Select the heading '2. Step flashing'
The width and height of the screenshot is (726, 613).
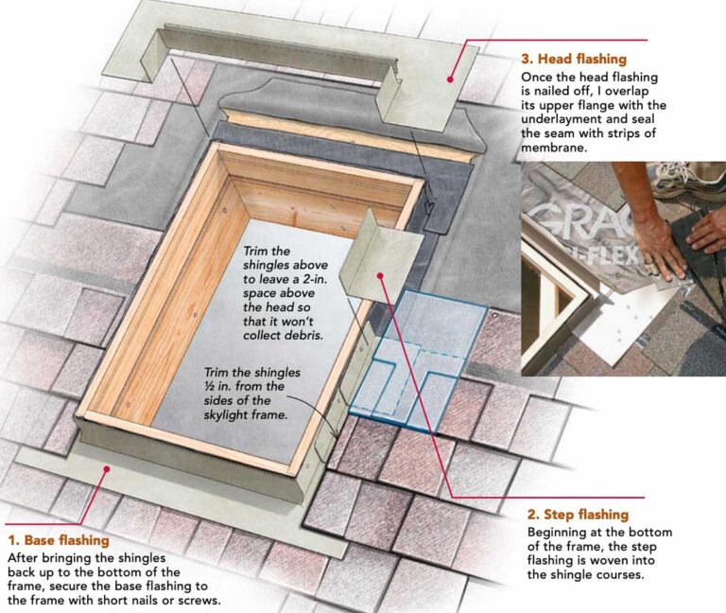pos(578,515)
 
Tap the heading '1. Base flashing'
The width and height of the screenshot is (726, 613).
pos(58,541)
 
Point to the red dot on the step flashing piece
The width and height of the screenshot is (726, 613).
pos(379,276)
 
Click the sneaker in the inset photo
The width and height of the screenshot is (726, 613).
pos(696,179)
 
